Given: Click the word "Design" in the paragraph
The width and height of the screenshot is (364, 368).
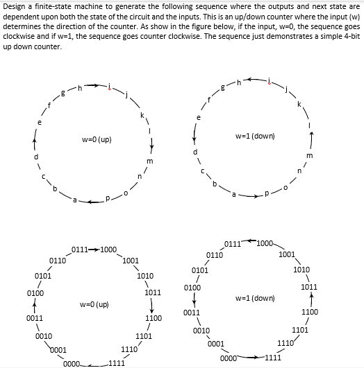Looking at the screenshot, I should click(15, 6).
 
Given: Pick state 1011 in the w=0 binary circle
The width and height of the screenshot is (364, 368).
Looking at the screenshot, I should click(153, 292).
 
